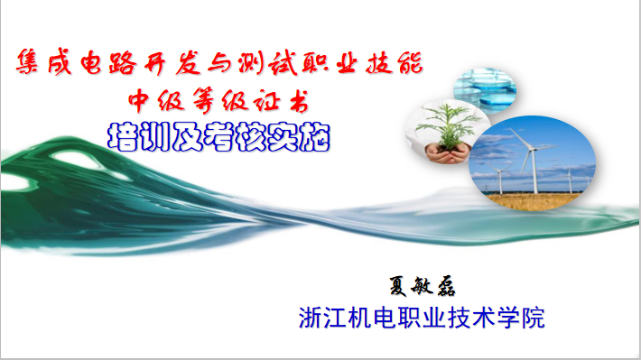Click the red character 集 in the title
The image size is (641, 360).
pos(27,61)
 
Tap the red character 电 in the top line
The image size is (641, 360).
pos(91,62)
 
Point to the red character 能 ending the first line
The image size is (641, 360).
pos(410,63)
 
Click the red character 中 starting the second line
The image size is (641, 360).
pos(138,100)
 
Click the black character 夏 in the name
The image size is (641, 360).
pos(398,286)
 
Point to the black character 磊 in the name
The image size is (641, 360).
pos(446,286)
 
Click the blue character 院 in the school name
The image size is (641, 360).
pos(533,318)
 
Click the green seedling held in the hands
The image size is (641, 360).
pos(448,125)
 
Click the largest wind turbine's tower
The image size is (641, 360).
pos(534,171)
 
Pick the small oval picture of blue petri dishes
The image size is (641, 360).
pos(485,90)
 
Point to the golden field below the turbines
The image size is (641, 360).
pos(533,201)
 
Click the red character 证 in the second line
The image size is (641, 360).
pos(266,101)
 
